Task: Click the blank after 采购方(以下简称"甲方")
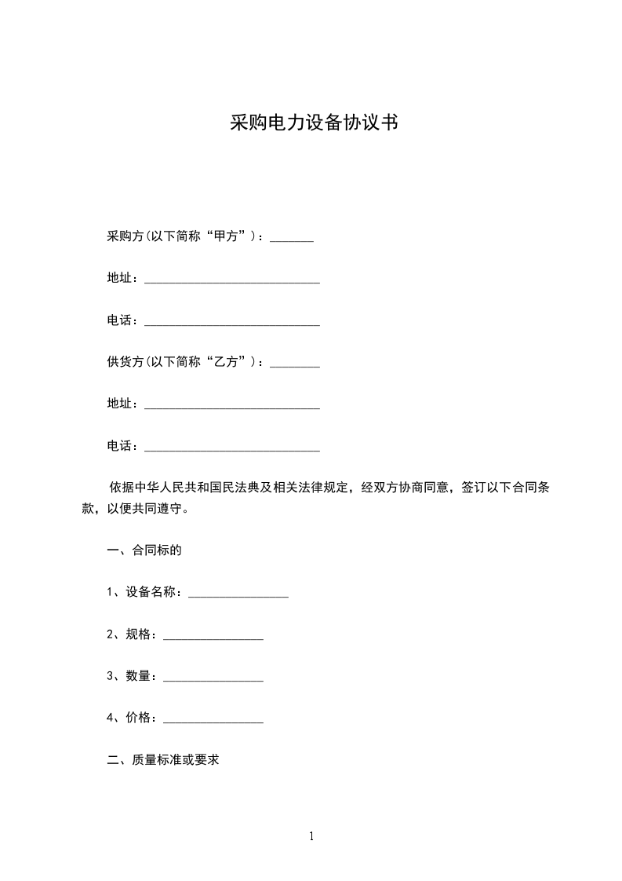[292, 239]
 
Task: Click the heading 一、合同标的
[144, 550]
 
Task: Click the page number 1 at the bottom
[311, 836]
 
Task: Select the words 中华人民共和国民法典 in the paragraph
[198, 488]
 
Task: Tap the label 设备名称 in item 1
[153, 592]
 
